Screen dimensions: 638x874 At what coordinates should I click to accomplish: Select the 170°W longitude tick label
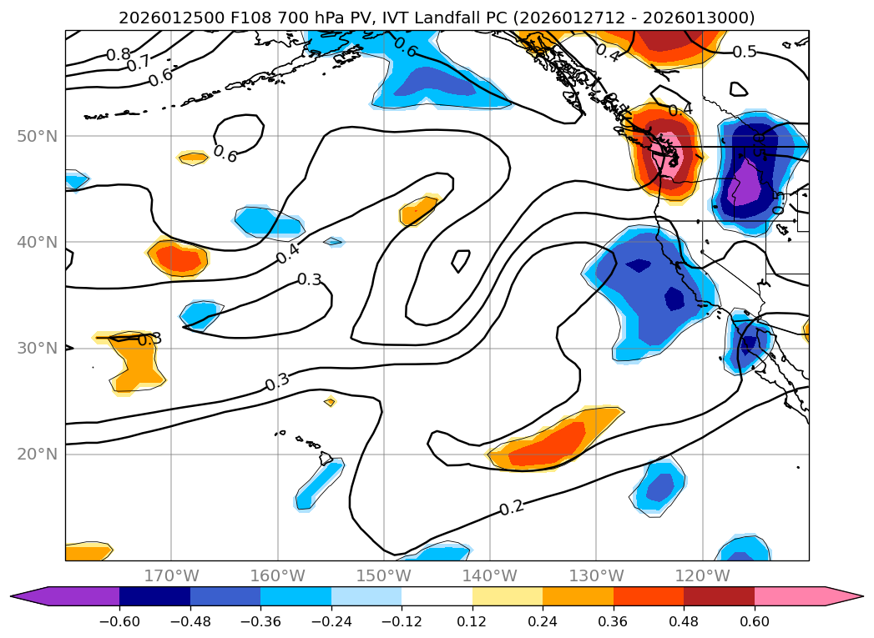click(171, 575)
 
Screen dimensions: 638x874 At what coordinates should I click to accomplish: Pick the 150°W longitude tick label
click(383, 575)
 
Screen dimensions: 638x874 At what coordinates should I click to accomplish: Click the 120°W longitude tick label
click(702, 575)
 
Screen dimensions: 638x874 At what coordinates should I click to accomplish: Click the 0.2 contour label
click(512, 508)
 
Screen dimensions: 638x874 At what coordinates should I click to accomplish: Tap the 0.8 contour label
click(119, 55)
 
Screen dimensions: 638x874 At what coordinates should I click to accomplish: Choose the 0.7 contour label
click(139, 63)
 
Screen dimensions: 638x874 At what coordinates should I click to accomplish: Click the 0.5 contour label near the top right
click(745, 52)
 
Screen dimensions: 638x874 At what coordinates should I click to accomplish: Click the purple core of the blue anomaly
click(744, 185)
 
